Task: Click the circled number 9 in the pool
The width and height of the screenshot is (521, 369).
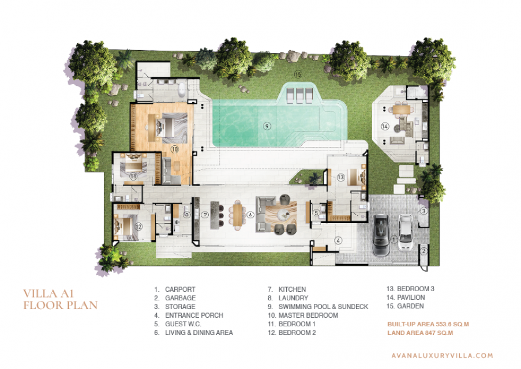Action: [x=267, y=126]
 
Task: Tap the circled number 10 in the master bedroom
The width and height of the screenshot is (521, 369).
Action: [x=175, y=149]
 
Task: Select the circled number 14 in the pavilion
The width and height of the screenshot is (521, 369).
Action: [x=385, y=126]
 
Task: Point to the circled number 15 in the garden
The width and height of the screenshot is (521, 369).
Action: [x=298, y=74]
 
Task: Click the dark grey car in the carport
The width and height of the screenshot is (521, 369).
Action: [x=381, y=235]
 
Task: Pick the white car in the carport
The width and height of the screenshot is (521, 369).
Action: [x=406, y=232]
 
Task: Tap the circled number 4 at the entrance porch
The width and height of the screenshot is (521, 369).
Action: [x=338, y=240]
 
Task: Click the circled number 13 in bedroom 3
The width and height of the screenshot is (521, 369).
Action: [x=340, y=178]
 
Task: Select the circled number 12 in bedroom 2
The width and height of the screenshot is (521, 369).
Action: [x=138, y=227]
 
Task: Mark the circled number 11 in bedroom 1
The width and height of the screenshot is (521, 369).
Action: [x=133, y=176]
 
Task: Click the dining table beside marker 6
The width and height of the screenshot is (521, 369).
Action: [x=237, y=215]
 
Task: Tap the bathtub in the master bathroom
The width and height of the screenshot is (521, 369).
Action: [x=182, y=90]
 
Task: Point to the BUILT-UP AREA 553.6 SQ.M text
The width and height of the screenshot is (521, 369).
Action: [x=428, y=324]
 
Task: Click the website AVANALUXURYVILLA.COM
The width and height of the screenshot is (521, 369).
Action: [x=442, y=355]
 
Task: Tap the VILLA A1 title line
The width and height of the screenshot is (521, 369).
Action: [x=48, y=293]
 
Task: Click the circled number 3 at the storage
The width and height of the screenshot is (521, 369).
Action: [x=423, y=211]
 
